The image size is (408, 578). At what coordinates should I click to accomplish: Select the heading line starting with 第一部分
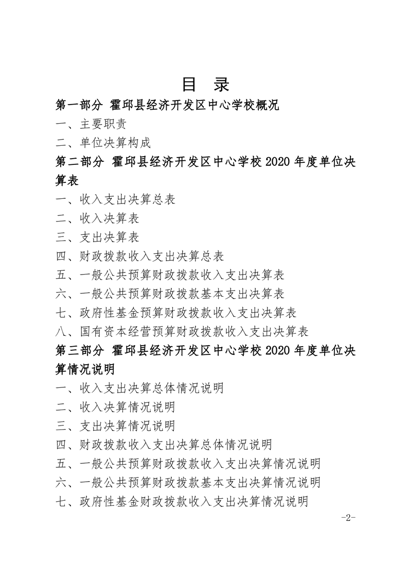(167, 106)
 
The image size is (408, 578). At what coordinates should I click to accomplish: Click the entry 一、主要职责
(91, 124)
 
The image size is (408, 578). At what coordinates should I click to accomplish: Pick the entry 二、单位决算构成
(103, 143)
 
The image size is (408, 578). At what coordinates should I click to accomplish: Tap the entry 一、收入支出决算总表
(116, 199)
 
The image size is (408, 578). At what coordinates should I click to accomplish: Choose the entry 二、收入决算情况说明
(116, 407)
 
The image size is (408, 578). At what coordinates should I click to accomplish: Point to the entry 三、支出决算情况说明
(116, 426)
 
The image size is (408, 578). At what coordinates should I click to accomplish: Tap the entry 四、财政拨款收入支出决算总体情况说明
(164, 445)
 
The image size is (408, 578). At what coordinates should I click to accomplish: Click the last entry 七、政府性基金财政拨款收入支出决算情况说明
(182, 501)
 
